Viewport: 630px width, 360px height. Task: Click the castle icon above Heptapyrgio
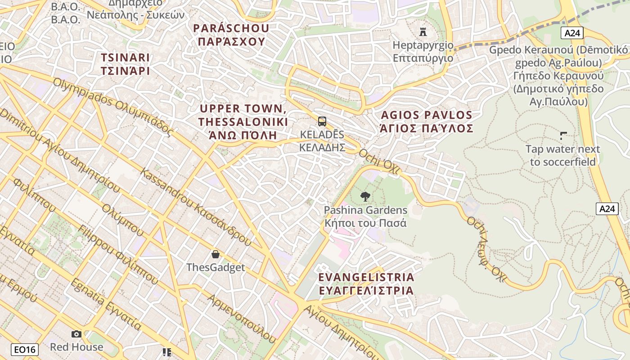[x=423, y=32]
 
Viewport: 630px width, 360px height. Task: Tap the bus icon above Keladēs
[x=322, y=121]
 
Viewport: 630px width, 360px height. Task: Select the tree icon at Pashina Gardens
[x=365, y=196]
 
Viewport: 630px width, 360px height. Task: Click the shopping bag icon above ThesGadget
[x=216, y=254]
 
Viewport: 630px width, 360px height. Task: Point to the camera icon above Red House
[x=76, y=334]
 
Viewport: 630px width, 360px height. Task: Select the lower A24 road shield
[x=607, y=209]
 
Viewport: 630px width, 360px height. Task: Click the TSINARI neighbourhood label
[x=125, y=64]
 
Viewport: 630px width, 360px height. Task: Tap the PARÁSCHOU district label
[x=231, y=35]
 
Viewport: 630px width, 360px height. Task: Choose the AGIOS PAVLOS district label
[x=427, y=121]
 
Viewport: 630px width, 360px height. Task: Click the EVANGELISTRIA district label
[x=366, y=283]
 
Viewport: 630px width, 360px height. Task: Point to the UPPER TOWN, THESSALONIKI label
[x=243, y=121]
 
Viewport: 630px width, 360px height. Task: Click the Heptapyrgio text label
[x=423, y=51]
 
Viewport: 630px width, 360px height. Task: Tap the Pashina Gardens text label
[x=365, y=216]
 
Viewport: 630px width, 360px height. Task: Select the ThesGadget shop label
[x=216, y=267]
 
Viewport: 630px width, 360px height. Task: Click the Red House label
[x=76, y=347]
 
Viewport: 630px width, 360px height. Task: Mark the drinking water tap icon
[x=563, y=135]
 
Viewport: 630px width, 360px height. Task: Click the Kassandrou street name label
[x=195, y=207]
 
